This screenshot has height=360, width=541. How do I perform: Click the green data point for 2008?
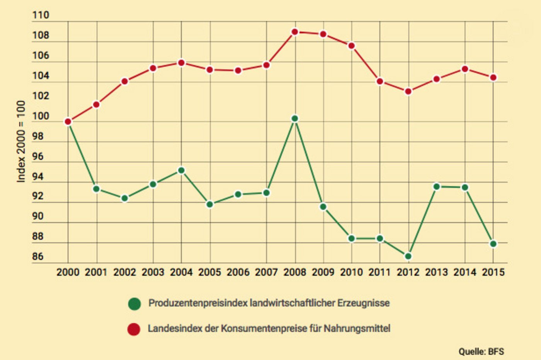point(295,119)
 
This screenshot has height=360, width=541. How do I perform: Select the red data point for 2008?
point(295,32)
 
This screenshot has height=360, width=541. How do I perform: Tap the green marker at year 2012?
point(408,256)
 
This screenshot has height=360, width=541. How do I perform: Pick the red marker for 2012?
point(408,92)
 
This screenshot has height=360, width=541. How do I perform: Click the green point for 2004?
point(181,170)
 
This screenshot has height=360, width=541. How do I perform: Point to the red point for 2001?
point(96,105)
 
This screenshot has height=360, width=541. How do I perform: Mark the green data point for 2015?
point(493,244)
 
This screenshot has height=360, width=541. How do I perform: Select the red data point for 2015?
point(493,78)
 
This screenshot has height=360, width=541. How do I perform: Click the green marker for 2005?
point(210,204)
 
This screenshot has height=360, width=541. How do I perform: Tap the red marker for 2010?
point(352,46)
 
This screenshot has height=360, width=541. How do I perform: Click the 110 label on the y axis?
point(41,15)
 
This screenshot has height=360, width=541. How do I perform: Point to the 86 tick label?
point(38,256)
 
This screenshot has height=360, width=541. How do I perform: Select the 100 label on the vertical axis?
point(41,116)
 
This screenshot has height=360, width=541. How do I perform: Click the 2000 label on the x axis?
point(68,272)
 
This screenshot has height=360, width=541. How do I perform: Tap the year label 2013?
point(436,272)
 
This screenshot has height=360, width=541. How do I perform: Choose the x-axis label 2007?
point(266,272)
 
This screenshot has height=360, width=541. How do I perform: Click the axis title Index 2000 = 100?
point(21,141)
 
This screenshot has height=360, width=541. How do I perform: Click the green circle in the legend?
point(134,304)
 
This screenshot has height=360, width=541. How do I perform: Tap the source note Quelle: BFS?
point(481,352)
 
